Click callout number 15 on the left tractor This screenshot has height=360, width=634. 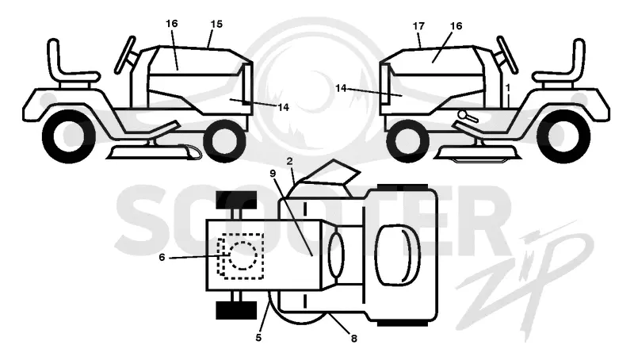(216, 24)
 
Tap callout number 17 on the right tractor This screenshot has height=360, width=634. (418, 26)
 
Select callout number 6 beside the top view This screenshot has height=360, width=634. (162, 257)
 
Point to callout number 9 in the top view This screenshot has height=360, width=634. (273, 173)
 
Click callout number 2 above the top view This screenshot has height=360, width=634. (289, 162)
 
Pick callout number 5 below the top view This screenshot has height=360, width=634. (258, 337)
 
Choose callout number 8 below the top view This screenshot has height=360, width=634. (353, 338)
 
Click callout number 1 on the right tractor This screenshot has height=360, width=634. (508, 87)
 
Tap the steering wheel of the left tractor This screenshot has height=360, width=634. (125, 55)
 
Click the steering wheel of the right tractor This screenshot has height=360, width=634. (507, 55)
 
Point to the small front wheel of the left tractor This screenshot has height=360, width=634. (225, 141)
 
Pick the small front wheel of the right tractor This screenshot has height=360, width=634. (407, 141)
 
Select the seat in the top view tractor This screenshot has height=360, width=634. (398, 255)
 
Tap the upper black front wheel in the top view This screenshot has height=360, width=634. (236, 200)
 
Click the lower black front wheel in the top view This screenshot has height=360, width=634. (236, 310)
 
